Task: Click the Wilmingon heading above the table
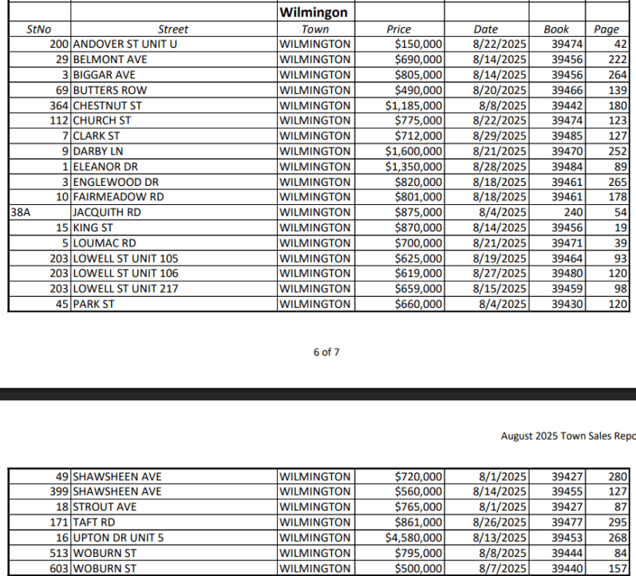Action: [314, 14]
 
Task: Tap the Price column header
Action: [398, 30]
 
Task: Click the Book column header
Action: [556, 30]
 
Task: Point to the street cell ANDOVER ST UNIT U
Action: [124, 44]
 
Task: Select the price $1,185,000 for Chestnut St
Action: [413, 105]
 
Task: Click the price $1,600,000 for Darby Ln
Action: [413, 151]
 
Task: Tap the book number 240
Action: [570, 212]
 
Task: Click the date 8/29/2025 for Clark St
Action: [499, 136]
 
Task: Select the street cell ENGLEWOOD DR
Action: [116, 182]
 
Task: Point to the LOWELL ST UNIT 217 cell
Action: [125, 288]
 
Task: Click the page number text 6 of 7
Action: [326, 352]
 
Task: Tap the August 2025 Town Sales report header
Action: [567, 436]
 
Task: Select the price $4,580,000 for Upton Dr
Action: [413, 538]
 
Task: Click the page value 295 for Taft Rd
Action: [618, 523]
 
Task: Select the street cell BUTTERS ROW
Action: [105, 90]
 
